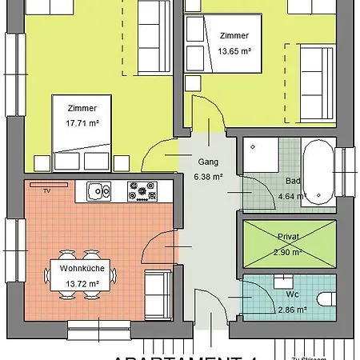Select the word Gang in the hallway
[208, 162]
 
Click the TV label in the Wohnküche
[47, 192]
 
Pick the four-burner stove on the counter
[144, 190]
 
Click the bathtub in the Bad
[320, 171]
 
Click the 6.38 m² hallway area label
[209, 177]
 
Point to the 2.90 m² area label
[286, 252]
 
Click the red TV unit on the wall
[47, 185]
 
